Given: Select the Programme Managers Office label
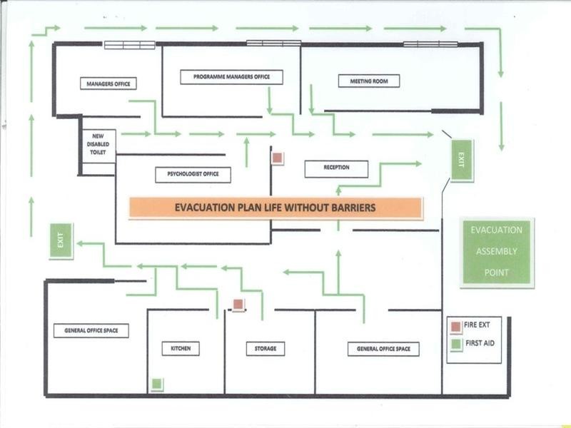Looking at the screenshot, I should pyautogui.click(x=231, y=77).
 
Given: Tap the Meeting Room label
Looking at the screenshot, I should pyautogui.click(x=368, y=81).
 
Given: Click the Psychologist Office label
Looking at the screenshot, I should pyautogui.click(x=193, y=174).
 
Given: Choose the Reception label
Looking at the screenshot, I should pyautogui.click(x=336, y=168).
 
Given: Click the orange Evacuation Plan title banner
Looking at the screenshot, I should pyautogui.click(x=276, y=208).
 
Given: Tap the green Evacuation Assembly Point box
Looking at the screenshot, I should pyautogui.click(x=497, y=252).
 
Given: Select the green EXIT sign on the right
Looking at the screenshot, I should pyautogui.click(x=462, y=160).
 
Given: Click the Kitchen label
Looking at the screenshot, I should pyautogui.click(x=180, y=348).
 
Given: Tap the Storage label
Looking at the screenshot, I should pyautogui.click(x=266, y=348).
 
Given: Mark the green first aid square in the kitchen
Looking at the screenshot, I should pyautogui.click(x=157, y=384).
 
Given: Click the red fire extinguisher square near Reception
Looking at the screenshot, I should pyautogui.click(x=278, y=158).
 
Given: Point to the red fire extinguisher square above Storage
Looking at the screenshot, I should pyautogui.click(x=238, y=305).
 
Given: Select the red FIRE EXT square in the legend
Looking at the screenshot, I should pyautogui.click(x=455, y=327).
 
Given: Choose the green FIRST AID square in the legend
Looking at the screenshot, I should pyautogui.click(x=455, y=345).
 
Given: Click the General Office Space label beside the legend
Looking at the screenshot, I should pyautogui.click(x=383, y=349).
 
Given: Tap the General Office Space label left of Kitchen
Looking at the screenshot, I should pyautogui.click(x=91, y=330).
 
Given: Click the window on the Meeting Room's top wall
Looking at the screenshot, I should pyautogui.click(x=430, y=44).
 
